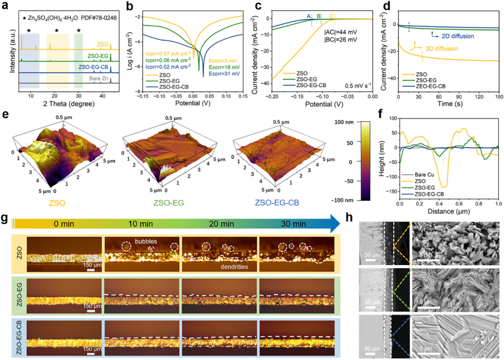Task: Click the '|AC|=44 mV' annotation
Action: coord(341,32)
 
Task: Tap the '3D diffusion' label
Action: coord(441,48)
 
